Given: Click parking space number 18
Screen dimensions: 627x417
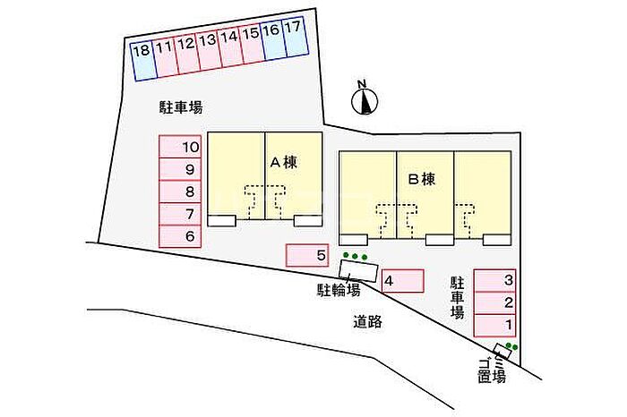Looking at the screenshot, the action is tap(143, 61).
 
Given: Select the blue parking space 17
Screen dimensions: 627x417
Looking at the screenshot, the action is tap(296, 37).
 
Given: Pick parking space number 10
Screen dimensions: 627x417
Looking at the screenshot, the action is tap(180, 147).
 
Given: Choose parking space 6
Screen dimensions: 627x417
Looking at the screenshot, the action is tap(180, 236).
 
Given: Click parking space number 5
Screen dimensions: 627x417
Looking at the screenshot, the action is tap(307, 255).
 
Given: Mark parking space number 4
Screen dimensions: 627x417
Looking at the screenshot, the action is tap(403, 281).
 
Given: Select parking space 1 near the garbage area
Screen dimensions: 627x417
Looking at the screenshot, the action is tap(494, 326).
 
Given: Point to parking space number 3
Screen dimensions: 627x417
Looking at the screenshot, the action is tap(494, 280).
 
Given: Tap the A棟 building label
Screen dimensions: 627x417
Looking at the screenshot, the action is tap(284, 162).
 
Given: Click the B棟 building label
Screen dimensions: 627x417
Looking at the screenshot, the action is tap(422, 179).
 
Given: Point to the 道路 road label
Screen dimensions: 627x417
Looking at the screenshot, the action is tap(367, 321).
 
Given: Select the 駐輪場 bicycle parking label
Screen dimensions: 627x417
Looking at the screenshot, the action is tap(339, 290).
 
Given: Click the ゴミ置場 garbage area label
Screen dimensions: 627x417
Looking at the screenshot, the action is tap(493, 370).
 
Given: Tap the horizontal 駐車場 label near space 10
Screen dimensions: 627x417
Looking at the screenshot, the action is tap(181, 107).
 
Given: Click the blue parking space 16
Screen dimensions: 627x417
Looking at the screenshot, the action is tap(273, 40).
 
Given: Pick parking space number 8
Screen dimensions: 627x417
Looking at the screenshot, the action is tap(180, 191).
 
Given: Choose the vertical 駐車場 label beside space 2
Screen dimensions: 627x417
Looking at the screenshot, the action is tap(458, 298).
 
